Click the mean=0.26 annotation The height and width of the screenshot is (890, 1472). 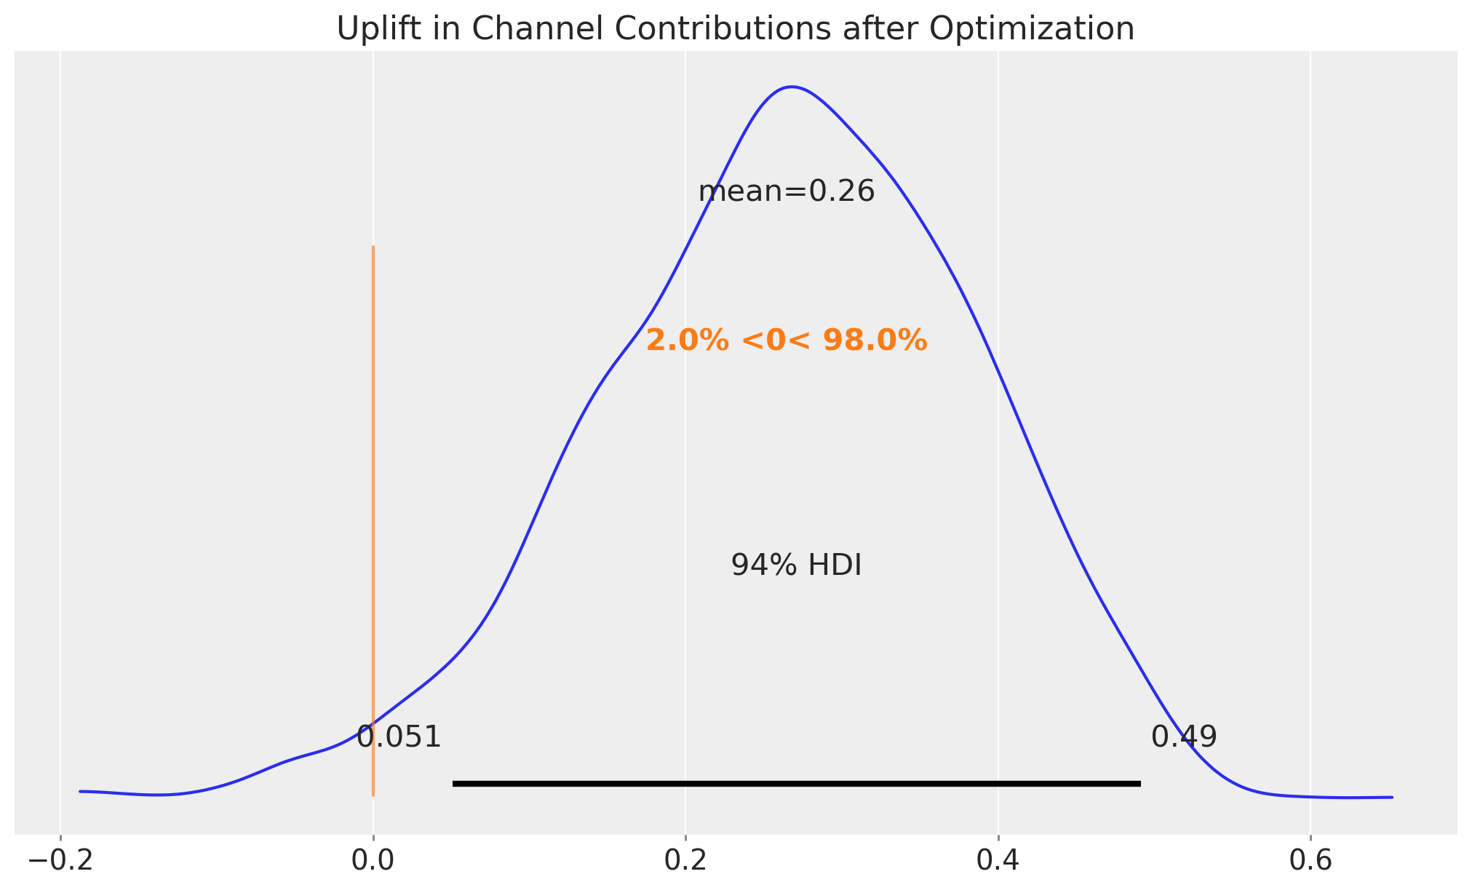pos(786,192)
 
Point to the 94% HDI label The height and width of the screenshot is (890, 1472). pos(796,565)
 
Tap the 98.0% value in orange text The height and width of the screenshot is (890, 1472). pos(875,341)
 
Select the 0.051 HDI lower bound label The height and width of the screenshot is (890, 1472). pos(399,737)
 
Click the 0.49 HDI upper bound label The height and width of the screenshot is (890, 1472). pos(1183,737)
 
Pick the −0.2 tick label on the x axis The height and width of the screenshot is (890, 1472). pos(60,860)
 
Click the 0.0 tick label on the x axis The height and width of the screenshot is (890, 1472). pos(373,860)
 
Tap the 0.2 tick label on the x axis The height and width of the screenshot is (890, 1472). pos(685,860)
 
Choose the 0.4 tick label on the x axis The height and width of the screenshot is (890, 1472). pos(998,860)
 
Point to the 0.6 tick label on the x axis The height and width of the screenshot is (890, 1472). pos(1310,860)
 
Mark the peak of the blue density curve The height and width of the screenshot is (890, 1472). pos(792,87)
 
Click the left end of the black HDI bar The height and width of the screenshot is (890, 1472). pos(454,784)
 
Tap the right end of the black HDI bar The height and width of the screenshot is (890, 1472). pos(1139,784)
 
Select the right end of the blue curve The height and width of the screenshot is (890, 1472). pos(1391,797)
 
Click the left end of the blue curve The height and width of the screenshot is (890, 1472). pos(80,791)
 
